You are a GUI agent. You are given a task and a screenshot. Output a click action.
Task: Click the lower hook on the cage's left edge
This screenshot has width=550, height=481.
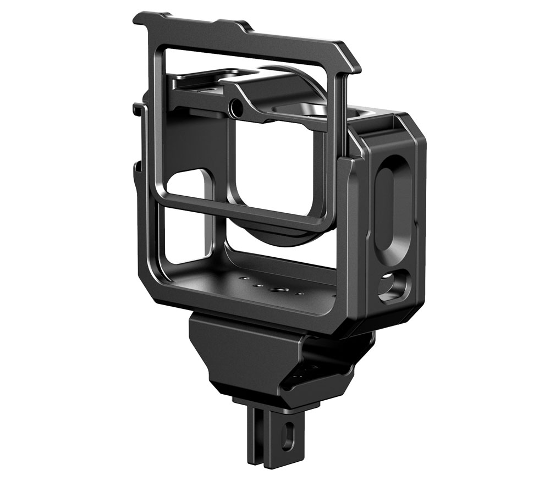137,165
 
